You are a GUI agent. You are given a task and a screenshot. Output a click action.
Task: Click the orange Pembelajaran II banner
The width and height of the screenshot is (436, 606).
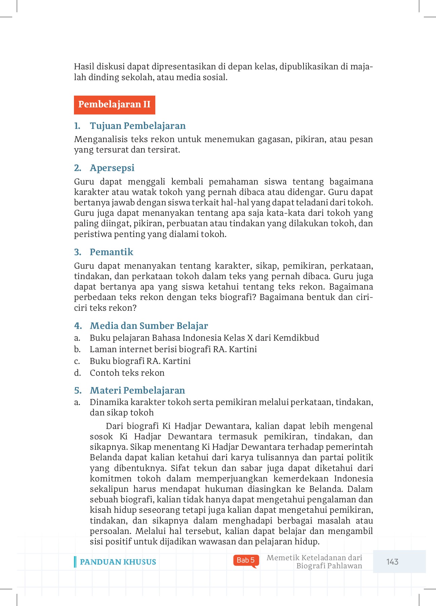click(114, 105)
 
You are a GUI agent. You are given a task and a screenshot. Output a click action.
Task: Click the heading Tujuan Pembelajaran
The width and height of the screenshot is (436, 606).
click(137, 126)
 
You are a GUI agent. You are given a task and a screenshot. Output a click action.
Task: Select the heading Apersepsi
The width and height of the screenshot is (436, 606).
click(112, 168)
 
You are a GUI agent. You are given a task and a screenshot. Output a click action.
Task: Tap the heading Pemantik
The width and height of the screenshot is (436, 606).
click(111, 252)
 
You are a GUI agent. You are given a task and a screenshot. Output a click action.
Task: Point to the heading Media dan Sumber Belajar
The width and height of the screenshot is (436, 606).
click(149, 326)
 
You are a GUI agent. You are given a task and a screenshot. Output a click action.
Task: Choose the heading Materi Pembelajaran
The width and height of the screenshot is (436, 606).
click(137, 391)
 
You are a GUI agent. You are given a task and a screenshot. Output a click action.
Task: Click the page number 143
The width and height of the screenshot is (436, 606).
click(392, 562)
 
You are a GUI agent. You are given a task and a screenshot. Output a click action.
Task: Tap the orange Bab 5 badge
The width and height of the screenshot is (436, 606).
click(246, 560)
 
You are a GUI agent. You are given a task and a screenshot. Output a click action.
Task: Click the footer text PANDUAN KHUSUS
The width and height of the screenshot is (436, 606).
click(118, 562)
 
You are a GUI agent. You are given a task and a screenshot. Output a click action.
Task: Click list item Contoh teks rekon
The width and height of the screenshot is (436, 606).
click(127, 373)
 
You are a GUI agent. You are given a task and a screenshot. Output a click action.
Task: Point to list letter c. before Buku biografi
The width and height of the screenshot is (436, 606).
click(77, 361)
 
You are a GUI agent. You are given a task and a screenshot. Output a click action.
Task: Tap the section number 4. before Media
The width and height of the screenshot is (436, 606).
click(78, 326)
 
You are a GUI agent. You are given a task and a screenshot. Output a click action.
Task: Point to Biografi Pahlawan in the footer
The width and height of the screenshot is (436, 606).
click(329, 566)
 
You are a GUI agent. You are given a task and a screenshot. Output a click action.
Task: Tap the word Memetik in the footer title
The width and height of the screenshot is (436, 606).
click(279, 558)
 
